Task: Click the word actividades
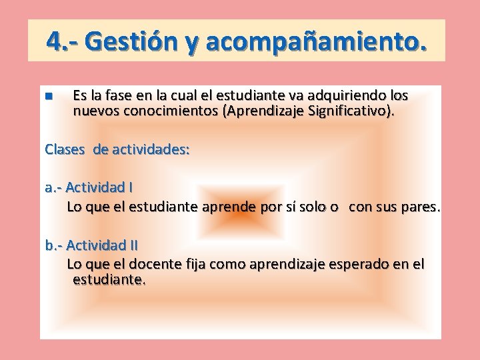click(x=150, y=149)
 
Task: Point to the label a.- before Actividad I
click(x=53, y=188)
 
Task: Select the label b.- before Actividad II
click(x=54, y=245)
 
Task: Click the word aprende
click(x=229, y=207)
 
